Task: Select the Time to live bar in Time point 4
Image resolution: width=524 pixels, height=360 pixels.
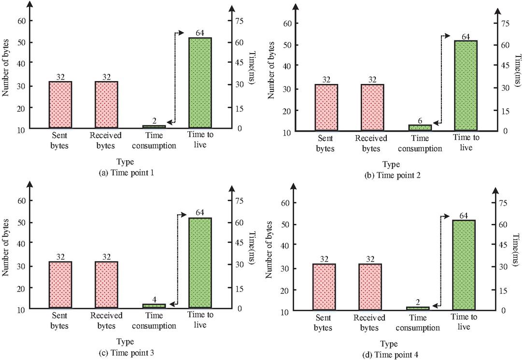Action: pos(464,264)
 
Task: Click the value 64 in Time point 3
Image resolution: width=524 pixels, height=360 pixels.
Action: pos(200,212)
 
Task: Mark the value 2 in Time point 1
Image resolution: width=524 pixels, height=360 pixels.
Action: pos(154,120)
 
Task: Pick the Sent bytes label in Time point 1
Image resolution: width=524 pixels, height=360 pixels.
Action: pos(60,139)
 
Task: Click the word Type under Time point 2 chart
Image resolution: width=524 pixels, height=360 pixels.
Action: pos(392,165)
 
